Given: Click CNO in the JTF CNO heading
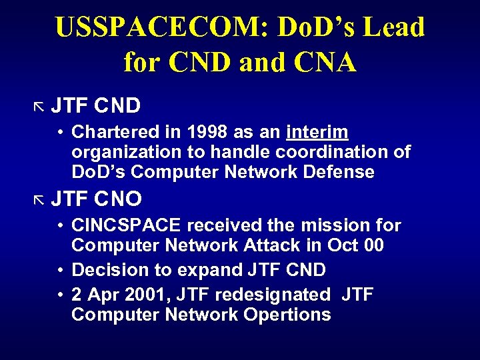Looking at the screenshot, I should click(x=118, y=199).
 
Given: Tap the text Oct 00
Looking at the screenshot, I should click(x=355, y=245).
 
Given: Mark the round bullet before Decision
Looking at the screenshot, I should click(x=59, y=270).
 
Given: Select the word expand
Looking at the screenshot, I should click(x=208, y=270).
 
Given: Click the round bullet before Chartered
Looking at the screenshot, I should click(x=59, y=132).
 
